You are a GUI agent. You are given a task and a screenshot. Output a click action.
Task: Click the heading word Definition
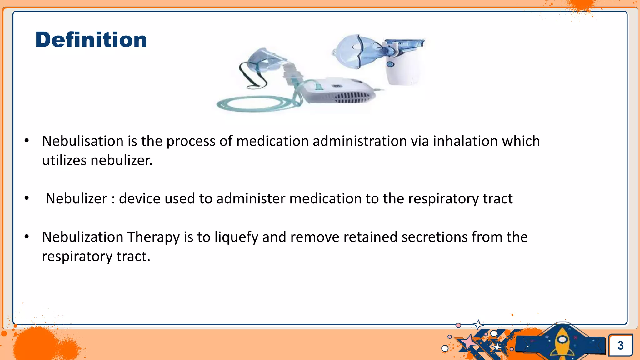91,40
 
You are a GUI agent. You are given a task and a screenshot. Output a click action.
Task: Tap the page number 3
620,345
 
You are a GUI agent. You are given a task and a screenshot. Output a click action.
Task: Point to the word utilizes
64,160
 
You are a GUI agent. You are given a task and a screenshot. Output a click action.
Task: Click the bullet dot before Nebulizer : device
27,198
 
